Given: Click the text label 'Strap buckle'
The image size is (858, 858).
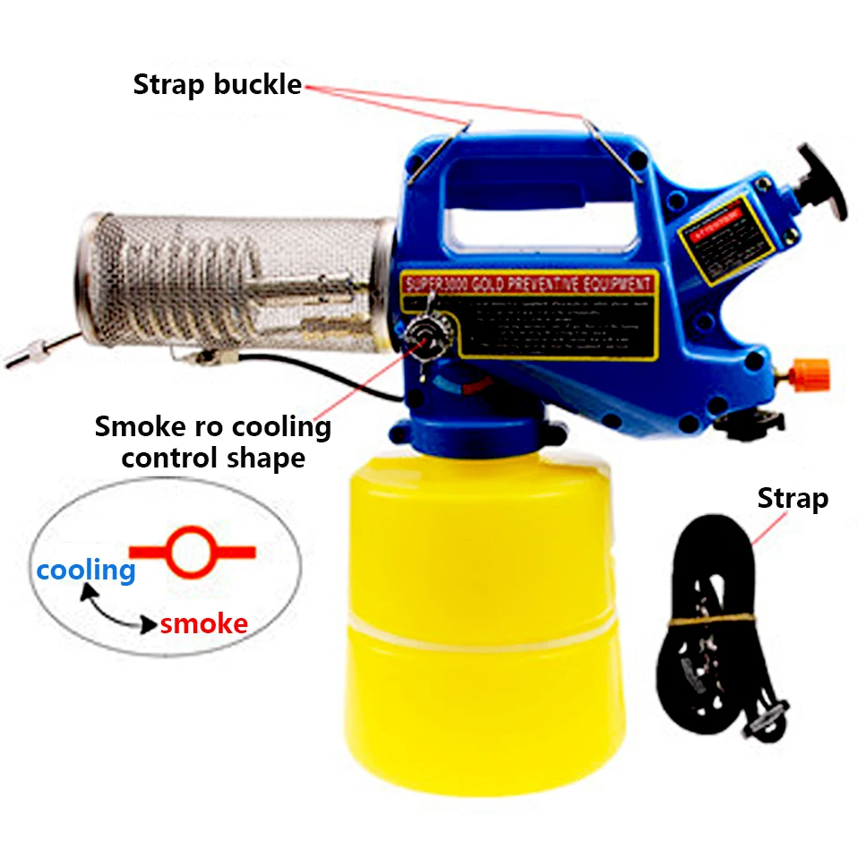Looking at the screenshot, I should pos(217,85).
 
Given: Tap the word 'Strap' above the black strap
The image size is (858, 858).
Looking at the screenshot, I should pos(792,498).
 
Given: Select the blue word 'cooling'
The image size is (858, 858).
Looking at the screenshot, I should pos(86,570).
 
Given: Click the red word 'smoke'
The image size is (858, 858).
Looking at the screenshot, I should pos(204,623).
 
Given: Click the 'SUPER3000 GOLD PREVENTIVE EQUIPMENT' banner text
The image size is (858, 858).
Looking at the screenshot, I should pos(528,285).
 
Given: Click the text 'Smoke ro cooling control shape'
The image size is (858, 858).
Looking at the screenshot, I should pos(213,442).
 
